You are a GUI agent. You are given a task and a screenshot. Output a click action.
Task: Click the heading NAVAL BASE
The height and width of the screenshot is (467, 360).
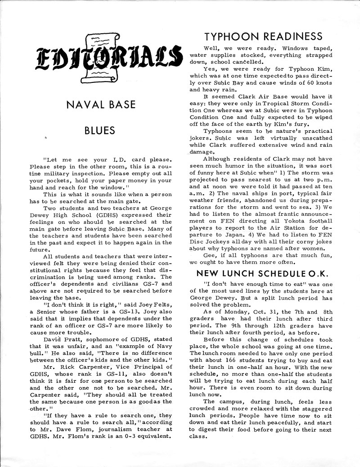tap(100, 105)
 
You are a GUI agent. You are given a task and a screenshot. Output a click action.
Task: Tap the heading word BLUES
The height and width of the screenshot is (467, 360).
tap(100, 131)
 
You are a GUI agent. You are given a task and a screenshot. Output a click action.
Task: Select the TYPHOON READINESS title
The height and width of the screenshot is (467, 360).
tap(263, 36)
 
